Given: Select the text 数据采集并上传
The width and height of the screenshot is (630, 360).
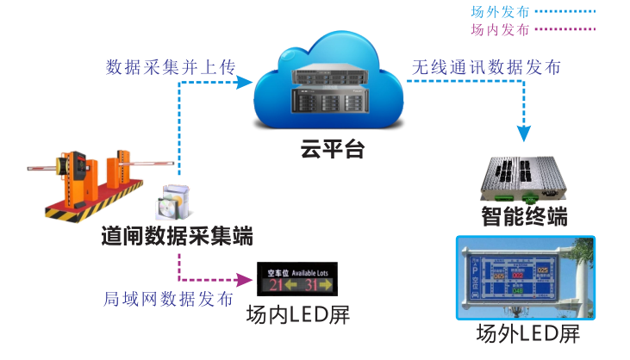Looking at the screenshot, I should pos(170,66).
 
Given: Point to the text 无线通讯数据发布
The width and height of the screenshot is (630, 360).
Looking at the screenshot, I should pos(486,67).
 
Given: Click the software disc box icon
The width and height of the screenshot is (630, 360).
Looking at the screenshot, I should pos(170,202).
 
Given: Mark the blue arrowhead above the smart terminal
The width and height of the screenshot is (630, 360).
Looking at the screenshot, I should pos(524,133).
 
